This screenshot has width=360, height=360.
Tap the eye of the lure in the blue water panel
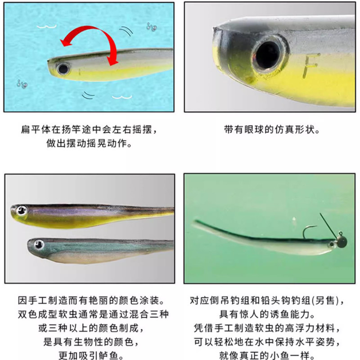click(x=63, y=69)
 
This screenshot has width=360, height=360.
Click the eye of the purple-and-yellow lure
click(x=21, y=210)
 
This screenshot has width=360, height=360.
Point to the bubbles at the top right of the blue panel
click(x=152, y=27)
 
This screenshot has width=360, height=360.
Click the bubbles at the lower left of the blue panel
click(x=21, y=83)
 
